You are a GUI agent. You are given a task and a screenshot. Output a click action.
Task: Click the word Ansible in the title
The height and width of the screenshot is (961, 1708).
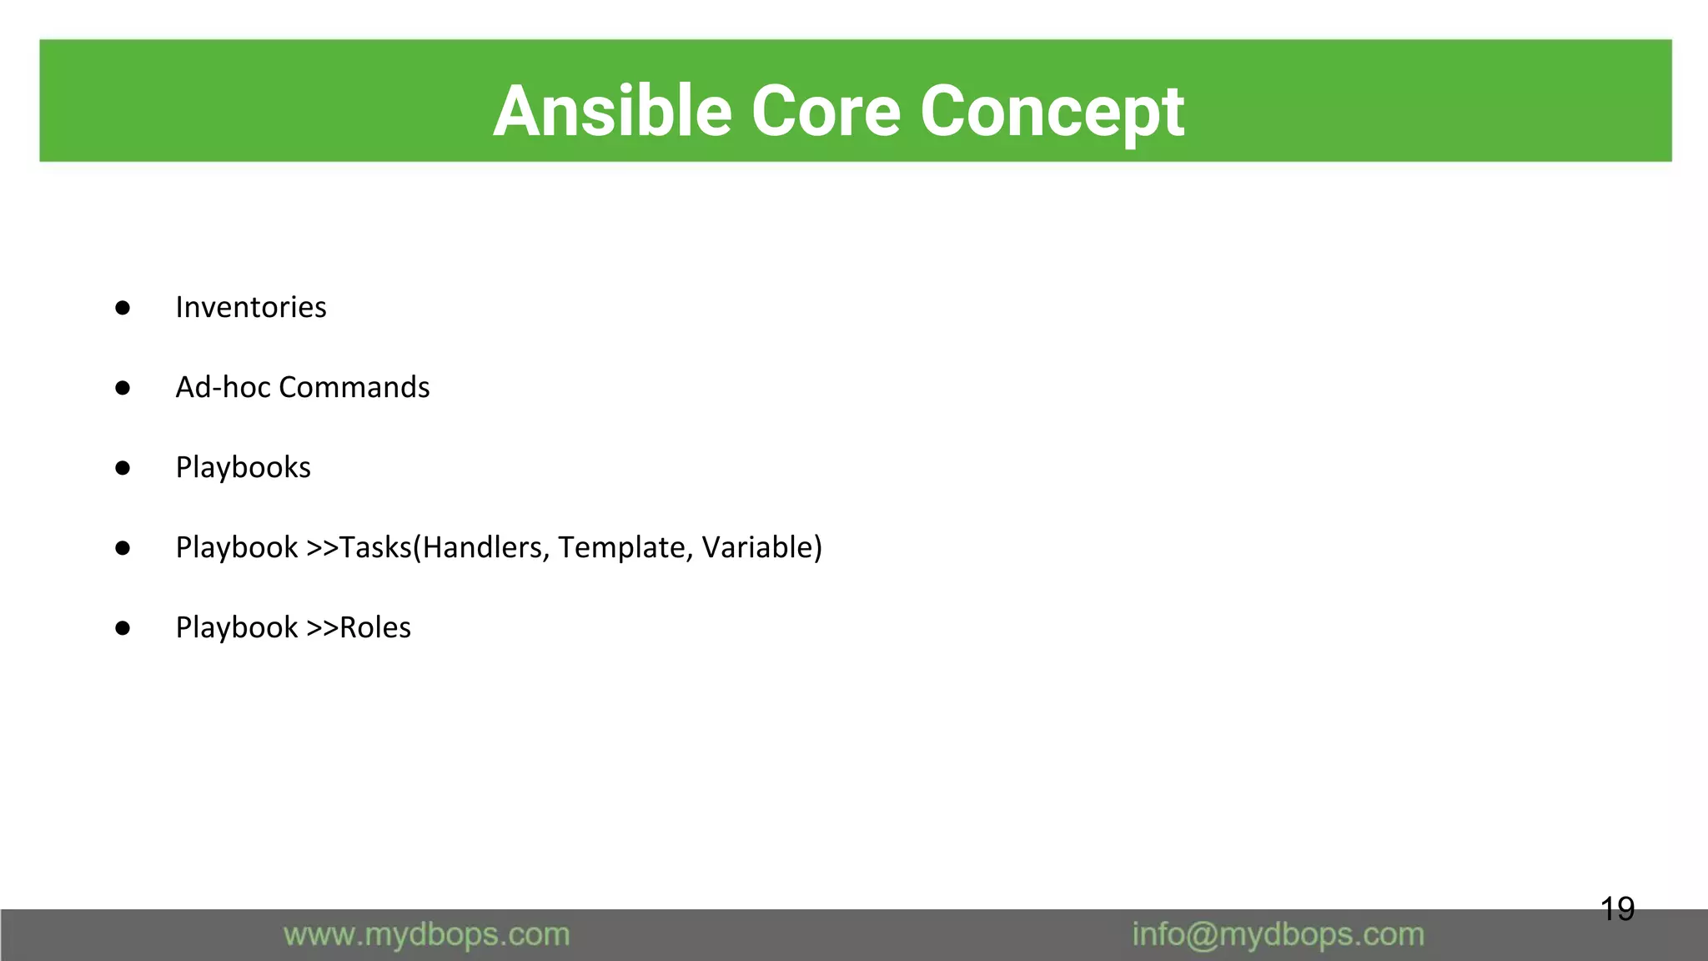pyautogui.click(x=613, y=112)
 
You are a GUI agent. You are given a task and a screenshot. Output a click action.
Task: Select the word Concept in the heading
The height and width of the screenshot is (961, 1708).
pyautogui.click(x=1052, y=112)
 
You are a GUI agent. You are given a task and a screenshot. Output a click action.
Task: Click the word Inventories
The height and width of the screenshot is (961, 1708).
pyautogui.click(x=250, y=307)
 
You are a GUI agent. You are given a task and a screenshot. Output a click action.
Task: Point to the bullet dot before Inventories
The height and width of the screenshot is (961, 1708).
pyautogui.click(x=123, y=308)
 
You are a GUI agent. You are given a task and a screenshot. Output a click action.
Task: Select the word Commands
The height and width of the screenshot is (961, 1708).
pyautogui.click(x=354, y=387)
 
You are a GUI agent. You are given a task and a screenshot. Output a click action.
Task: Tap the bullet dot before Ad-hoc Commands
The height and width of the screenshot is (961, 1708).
pyautogui.click(x=123, y=388)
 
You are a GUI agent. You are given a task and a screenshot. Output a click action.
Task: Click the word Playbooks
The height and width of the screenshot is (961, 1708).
pyautogui.click(x=243, y=467)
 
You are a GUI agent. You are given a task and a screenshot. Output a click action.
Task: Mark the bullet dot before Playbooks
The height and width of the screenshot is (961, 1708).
pyautogui.click(x=123, y=468)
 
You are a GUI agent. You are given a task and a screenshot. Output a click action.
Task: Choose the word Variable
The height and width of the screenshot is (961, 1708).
pyautogui.click(x=757, y=547)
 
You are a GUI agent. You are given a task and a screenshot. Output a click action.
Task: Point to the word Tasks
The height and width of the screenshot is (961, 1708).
pyautogui.click(x=375, y=547)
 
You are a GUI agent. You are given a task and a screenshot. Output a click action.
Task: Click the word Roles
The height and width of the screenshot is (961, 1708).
pyautogui.click(x=375, y=627)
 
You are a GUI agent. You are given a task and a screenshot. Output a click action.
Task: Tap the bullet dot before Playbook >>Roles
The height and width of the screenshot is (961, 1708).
pyautogui.click(x=123, y=628)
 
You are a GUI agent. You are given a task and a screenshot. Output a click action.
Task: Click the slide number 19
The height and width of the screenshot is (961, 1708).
pyautogui.click(x=1617, y=908)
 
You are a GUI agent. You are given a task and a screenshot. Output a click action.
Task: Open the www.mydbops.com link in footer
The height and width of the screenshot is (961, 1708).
pyautogui.click(x=426, y=934)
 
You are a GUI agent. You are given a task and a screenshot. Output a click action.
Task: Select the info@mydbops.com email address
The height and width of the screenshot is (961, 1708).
pyautogui.click(x=1278, y=934)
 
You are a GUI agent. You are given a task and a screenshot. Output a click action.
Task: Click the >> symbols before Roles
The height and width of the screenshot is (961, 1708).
pyautogui.click(x=322, y=627)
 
